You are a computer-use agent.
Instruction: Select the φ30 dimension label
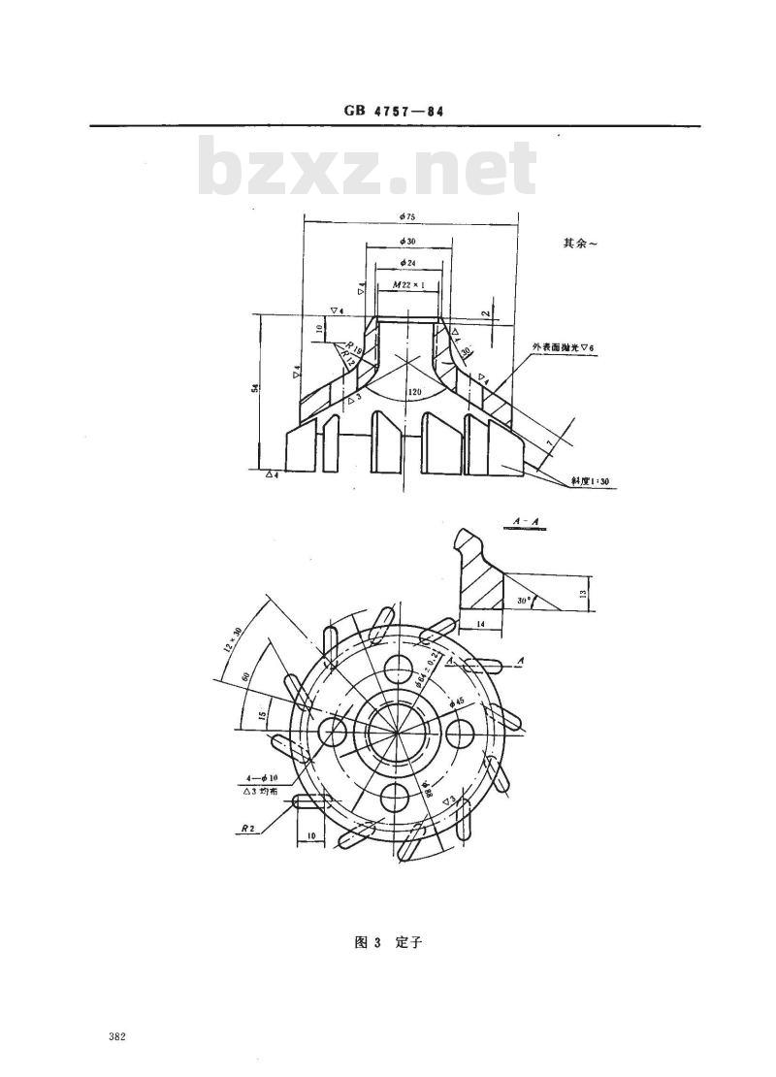[407, 241]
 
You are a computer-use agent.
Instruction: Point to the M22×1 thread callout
[408, 285]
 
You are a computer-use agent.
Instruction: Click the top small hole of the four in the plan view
[397, 669]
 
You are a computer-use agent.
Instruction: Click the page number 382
[118, 1037]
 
